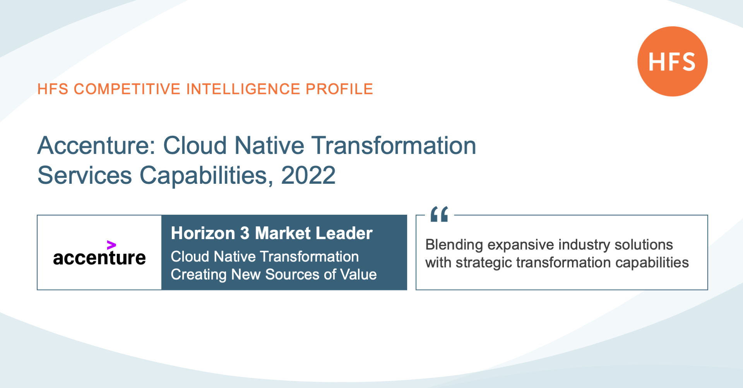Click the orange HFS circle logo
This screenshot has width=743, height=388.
[x=673, y=61]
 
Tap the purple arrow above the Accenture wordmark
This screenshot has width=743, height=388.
[x=111, y=245]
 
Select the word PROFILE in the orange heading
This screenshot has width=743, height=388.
[x=339, y=89]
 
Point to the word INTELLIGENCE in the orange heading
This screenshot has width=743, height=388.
[x=243, y=89]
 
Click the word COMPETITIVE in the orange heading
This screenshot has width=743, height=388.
[x=127, y=89]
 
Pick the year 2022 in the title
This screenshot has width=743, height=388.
[x=308, y=175]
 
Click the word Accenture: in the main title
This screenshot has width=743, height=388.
[x=96, y=145]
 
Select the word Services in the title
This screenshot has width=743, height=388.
[x=85, y=175]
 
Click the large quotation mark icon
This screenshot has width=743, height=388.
[x=439, y=214]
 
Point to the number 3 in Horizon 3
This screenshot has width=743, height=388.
[x=245, y=233]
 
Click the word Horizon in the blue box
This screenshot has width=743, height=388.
[x=203, y=233]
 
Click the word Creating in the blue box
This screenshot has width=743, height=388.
[x=199, y=275]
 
